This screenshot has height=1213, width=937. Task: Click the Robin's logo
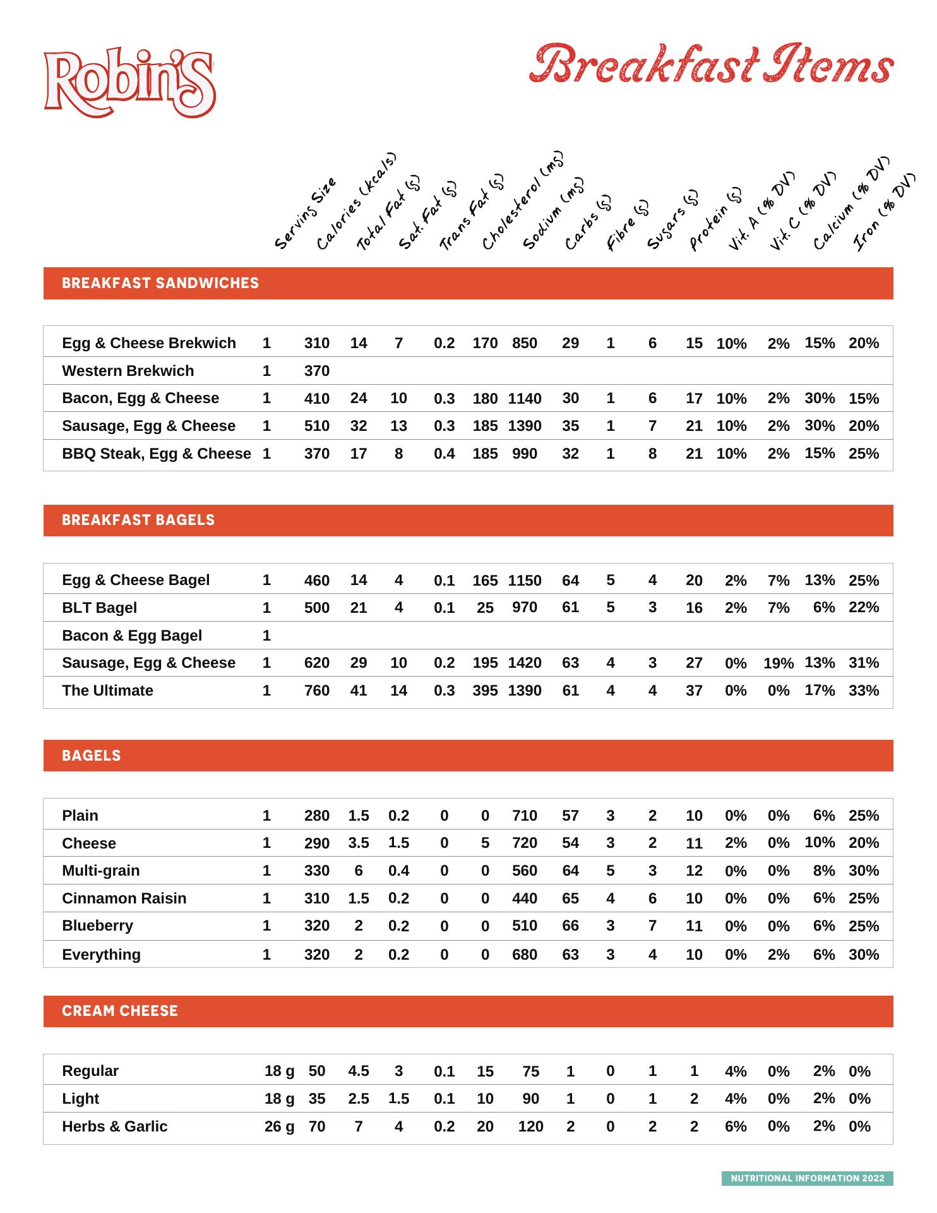[x=129, y=82]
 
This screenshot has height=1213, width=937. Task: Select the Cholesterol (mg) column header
[x=521, y=201]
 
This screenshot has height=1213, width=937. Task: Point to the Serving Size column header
[x=306, y=214]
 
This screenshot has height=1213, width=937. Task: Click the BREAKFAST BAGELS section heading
[x=138, y=520]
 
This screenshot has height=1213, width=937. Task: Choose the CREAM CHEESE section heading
[x=120, y=1011]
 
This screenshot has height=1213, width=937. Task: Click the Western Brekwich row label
[x=128, y=371]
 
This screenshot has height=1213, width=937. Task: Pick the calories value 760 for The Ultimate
[x=316, y=691]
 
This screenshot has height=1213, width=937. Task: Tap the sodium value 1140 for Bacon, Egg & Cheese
[x=525, y=399]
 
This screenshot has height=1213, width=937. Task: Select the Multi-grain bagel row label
[x=100, y=871]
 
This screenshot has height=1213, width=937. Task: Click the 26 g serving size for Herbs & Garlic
[x=279, y=1126]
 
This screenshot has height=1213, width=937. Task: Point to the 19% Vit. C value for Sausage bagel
[x=778, y=663]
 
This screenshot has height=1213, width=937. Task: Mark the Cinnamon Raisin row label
[x=124, y=898]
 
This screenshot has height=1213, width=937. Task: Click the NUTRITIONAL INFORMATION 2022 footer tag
[x=807, y=1178]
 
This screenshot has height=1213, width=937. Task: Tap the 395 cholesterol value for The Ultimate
[x=485, y=691]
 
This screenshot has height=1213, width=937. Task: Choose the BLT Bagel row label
[x=99, y=608]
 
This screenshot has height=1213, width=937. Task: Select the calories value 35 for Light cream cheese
[x=316, y=1099]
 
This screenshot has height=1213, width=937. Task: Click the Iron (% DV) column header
[x=884, y=212]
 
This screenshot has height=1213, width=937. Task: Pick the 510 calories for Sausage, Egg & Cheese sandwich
[x=316, y=426]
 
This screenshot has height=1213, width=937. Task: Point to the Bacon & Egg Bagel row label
[x=132, y=636]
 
